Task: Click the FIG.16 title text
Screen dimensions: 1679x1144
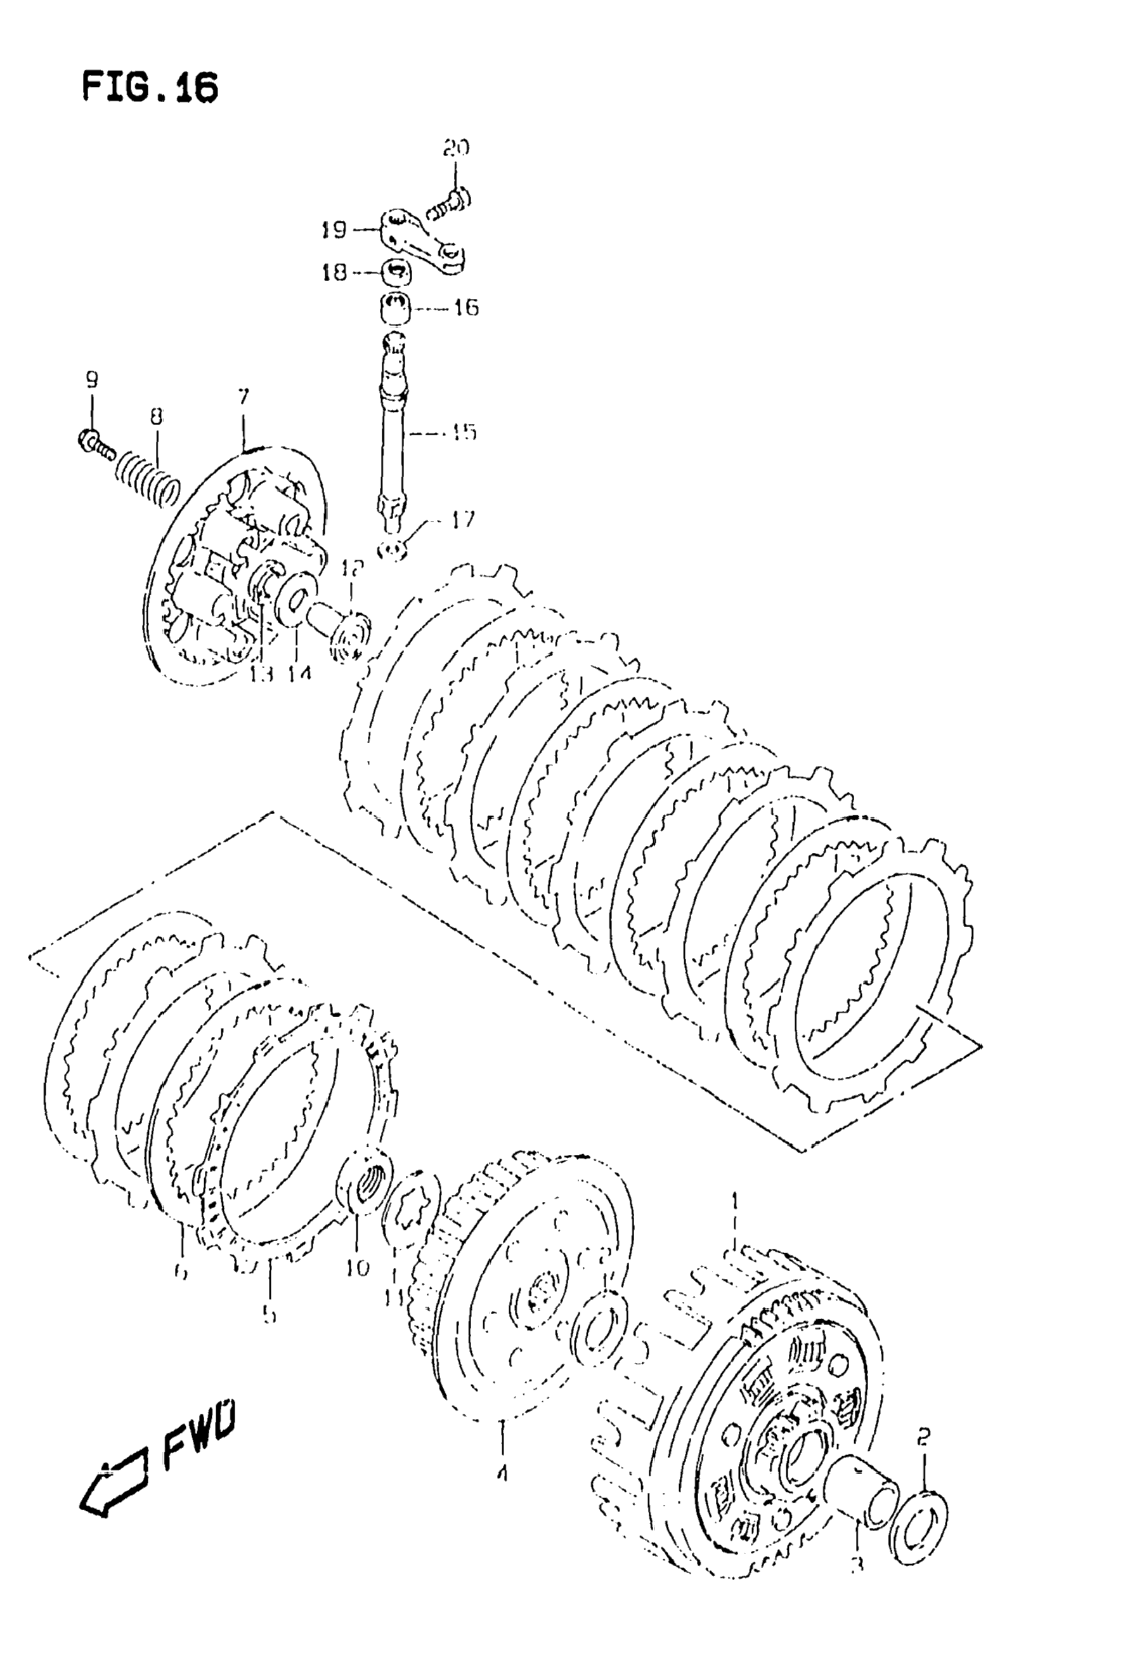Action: pos(150,88)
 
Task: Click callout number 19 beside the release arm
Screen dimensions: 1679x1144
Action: pos(334,230)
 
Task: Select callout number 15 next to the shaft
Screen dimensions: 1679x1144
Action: pos(463,432)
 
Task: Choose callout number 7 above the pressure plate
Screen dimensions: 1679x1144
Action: pos(244,397)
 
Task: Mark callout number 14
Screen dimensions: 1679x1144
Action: pos(298,673)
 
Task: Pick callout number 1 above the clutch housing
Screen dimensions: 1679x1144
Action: pos(735,1200)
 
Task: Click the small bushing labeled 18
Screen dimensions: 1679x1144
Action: pos(394,275)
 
